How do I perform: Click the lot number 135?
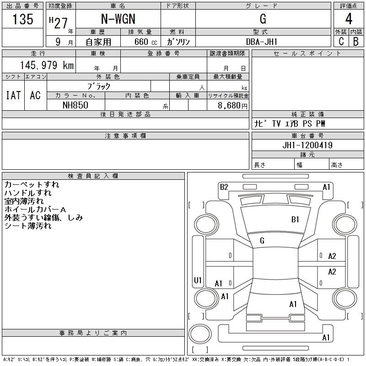23,19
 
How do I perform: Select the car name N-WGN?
118,19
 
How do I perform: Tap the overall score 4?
349,19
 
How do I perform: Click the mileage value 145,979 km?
47,65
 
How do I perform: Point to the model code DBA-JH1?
262,42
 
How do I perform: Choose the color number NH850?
75,105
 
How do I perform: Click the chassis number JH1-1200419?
307,145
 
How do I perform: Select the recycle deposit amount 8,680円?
232,106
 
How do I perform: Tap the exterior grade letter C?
341,42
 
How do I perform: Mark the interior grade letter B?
356,42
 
